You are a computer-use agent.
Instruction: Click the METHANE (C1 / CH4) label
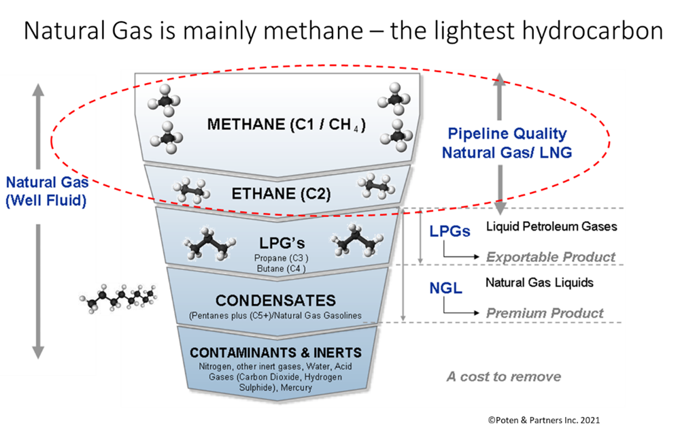pos(286,124)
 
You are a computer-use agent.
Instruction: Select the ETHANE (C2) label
pos(281,194)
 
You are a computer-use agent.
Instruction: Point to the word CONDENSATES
pos(275,300)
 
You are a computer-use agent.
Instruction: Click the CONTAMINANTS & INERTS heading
pos(275,353)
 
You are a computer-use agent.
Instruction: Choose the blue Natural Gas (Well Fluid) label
pos(46,192)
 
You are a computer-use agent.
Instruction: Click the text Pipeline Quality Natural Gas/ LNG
pos(507,143)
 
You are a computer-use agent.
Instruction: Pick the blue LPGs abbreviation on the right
pos(449,231)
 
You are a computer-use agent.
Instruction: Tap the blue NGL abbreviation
pos(445,288)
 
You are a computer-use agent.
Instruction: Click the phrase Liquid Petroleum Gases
pos(551,226)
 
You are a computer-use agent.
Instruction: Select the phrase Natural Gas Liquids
pos(539,282)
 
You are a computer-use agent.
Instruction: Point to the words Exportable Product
pos(551,257)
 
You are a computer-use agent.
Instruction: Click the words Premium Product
pos(545,313)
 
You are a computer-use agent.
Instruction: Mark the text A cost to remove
pos(504,377)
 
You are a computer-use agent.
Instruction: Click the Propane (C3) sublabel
pos(281,259)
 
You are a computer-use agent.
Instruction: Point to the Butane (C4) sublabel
pos(281,269)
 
